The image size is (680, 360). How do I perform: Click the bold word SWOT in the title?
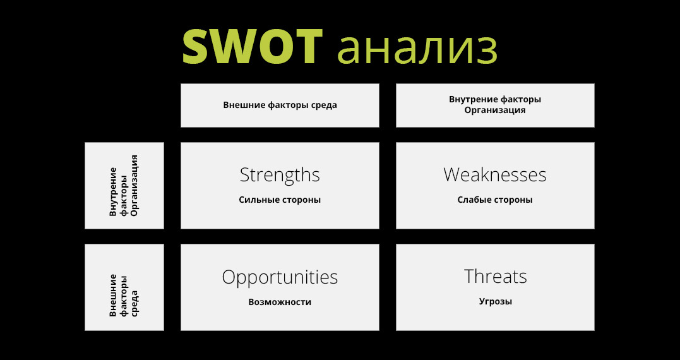(252, 46)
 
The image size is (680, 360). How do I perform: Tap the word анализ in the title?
(417, 49)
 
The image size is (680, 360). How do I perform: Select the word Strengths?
(280, 175)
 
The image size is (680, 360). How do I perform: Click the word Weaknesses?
(495, 175)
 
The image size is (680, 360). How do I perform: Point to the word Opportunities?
(280, 278)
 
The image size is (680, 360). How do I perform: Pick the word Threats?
(495, 276)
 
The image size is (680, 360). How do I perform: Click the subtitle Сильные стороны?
(280, 200)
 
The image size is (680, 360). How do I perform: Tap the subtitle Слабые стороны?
(495, 200)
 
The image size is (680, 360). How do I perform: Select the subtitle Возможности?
(280, 302)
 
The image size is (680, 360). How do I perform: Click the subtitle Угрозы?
(495, 301)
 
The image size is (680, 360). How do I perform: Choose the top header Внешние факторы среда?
(280, 105)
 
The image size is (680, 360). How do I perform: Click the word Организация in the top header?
(495, 110)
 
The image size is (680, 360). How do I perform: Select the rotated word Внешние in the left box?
(113, 295)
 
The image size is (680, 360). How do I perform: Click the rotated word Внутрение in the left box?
(113, 191)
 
